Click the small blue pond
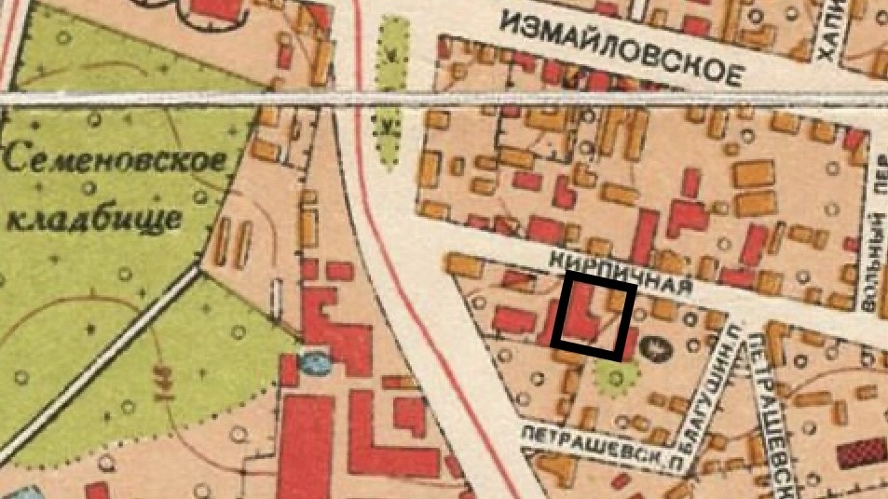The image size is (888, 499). pyautogui.click(x=315, y=361)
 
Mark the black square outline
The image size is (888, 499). pyautogui.click(x=594, y=318)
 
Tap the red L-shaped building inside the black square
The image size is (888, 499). pyautogui.click(x=581, y=315)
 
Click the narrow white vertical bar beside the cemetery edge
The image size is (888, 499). pyautogui.click(x=276, y=296)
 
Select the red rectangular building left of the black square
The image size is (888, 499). pyautogui.click(x=512, y=320)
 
